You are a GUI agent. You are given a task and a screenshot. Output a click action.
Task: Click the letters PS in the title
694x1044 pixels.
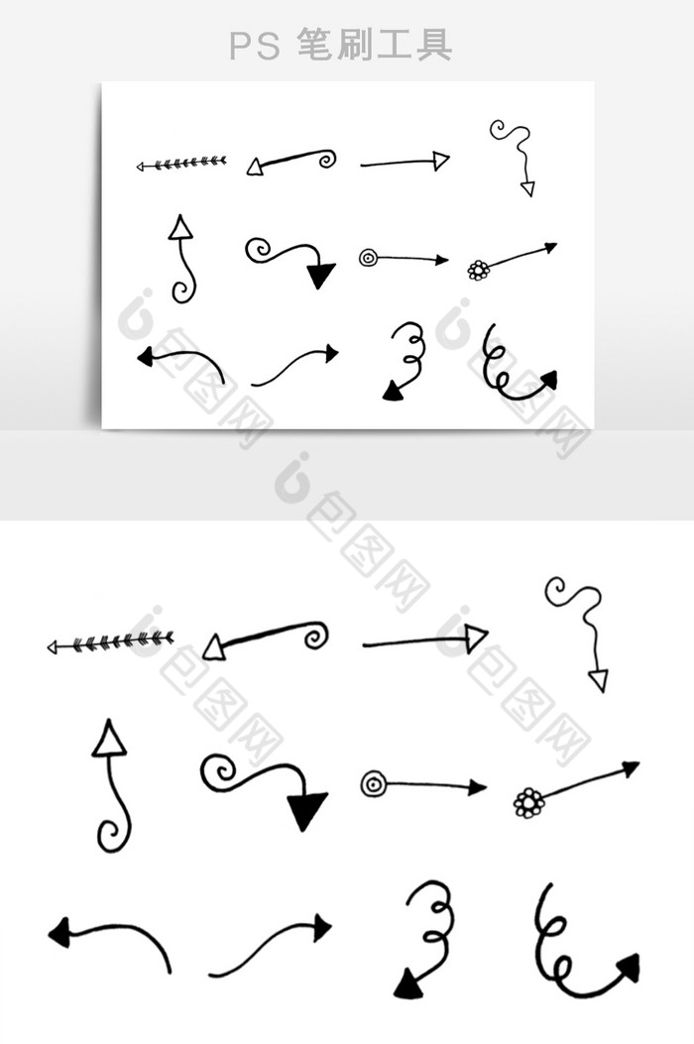point(255,47)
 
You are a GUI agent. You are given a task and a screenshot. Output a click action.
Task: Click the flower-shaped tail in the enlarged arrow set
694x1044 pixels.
point(529,802)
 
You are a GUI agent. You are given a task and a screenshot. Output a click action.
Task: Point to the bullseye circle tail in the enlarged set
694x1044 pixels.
point(373,783)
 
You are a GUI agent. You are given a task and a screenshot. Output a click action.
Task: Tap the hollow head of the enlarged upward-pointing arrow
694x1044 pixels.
point(109,738)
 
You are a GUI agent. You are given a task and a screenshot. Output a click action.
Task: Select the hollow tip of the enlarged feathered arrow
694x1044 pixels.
point(53,646)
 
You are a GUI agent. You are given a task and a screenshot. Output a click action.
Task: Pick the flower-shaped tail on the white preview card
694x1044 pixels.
point(478,270)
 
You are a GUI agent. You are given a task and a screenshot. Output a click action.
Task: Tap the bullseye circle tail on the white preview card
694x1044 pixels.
point(368,258)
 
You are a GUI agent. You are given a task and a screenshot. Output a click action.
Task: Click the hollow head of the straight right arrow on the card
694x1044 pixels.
point(440,161)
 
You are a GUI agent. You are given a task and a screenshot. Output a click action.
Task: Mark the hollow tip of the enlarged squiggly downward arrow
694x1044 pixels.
point(599,681)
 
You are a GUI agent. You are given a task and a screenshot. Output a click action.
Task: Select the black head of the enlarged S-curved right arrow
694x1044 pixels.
point(323,927)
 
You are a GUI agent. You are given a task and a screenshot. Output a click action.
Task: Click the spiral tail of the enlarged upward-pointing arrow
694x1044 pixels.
point(113,832)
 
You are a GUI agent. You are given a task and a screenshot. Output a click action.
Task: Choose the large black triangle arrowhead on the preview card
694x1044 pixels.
point(320,275)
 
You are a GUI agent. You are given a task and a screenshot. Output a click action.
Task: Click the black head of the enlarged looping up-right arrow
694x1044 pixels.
point(628,967)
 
